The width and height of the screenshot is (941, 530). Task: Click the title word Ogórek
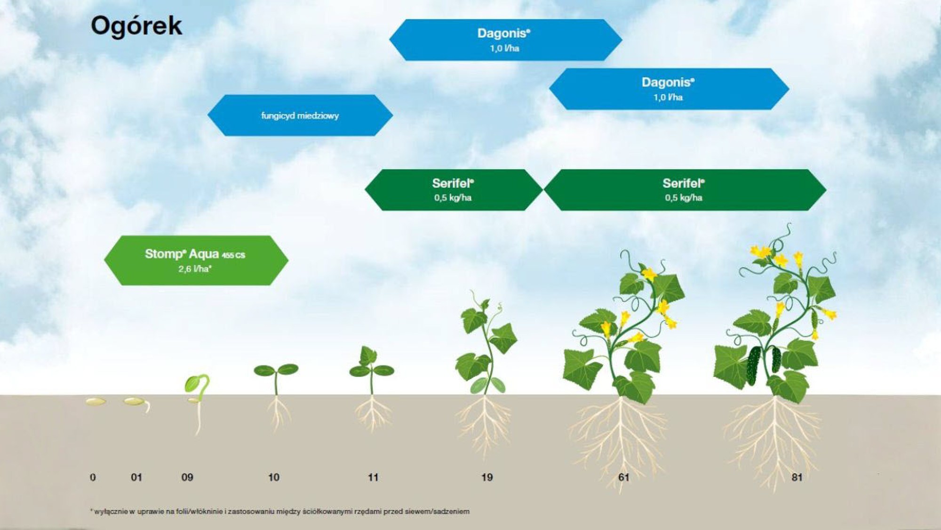[x=136, y=25]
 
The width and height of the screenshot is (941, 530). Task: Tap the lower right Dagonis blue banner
[x=669, y=89]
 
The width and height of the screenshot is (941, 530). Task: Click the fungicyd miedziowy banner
[x=300, y=115]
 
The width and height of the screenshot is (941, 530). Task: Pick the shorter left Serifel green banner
[x=453, y=190]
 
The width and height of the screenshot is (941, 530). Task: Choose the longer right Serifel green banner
[x=684, y=190]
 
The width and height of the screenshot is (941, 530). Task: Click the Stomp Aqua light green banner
[x=195, y=260]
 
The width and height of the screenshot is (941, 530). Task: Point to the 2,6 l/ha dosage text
[x=195, y=269]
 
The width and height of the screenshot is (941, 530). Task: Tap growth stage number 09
[x=187, y=477]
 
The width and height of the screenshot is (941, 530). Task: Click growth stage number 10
[x=273, y=477]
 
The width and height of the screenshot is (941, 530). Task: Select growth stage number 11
[x=373, y=477]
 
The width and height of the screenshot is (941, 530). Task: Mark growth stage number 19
[x=487, y=477]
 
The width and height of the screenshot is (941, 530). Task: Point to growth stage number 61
[x=624, y=477]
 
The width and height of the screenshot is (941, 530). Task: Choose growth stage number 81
[x=797, y=477]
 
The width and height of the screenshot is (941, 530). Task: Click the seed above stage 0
[x=96, y=401]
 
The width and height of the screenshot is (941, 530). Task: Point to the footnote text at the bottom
[x=280, y=511]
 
